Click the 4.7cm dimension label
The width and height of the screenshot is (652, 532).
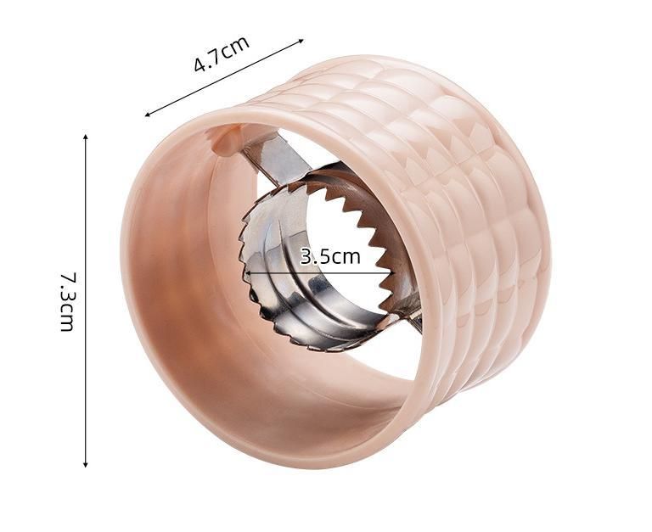[x=222, y=53]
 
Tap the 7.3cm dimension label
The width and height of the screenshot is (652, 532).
[x=67, y=301]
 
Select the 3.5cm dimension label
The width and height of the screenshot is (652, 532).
[x=330, y=257]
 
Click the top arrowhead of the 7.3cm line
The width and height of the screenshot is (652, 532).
[x=86, y=138]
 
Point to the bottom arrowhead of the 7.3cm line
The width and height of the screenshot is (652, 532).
[x=86, y=463]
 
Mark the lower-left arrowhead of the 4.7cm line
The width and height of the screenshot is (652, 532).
[x=148, y=114]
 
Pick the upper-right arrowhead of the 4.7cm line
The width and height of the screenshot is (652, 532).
[x=301, y=41]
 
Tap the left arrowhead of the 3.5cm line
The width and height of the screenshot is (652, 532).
[x=248, y=273]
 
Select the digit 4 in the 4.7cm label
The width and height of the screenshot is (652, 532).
[x=200, y=64]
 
